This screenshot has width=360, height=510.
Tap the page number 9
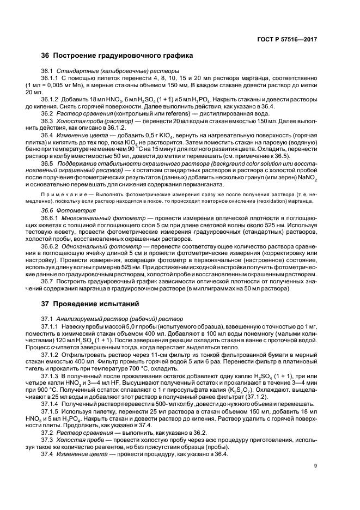(316, 481)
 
